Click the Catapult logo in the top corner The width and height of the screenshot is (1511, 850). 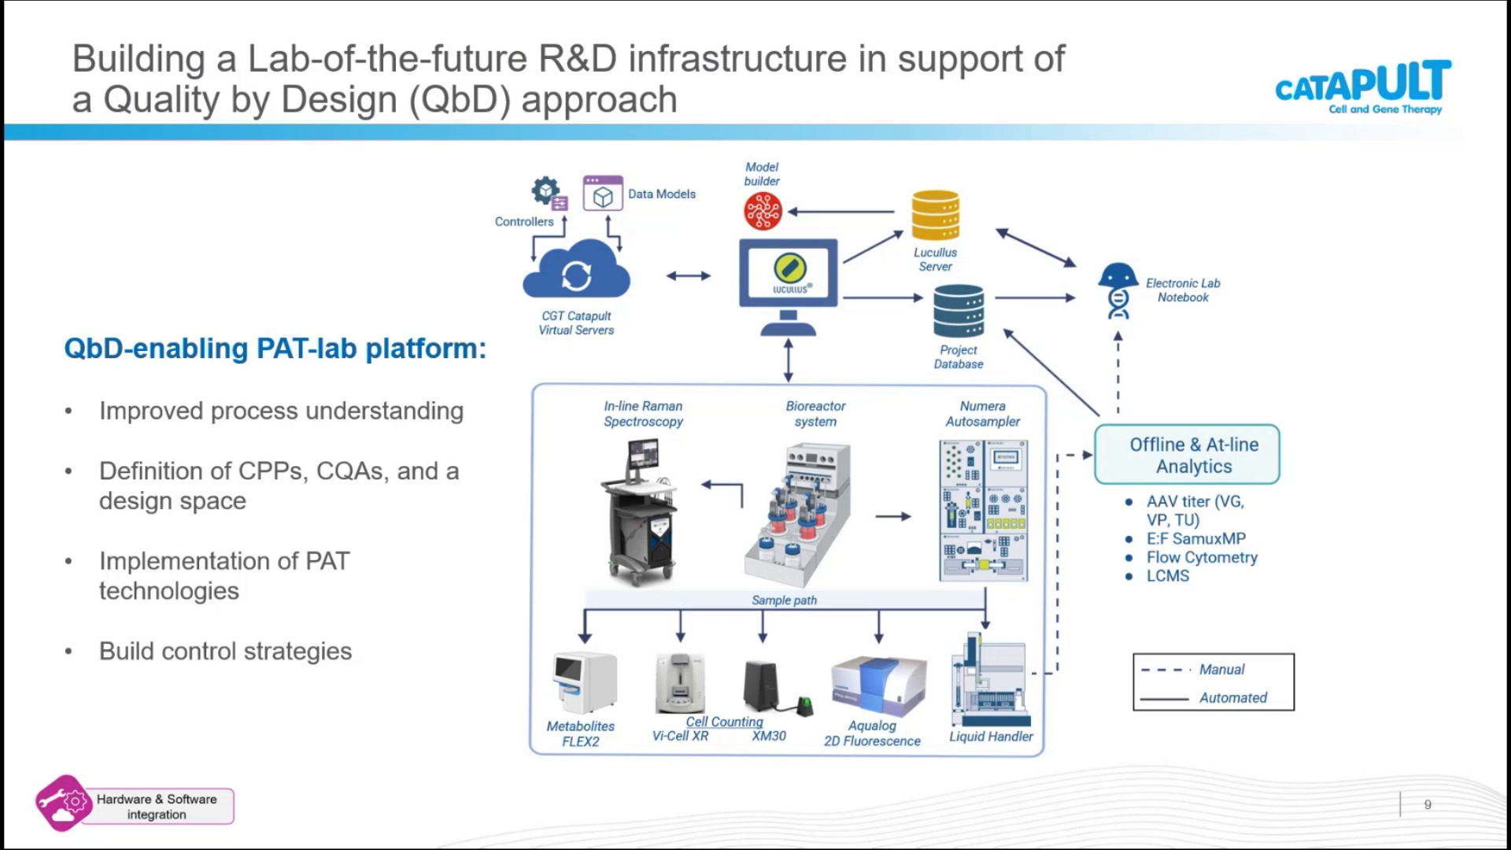click(x=1363, y=87)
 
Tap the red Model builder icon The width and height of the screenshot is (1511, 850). click(x=763, y=211)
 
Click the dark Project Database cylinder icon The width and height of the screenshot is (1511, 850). click(x=959, y=311)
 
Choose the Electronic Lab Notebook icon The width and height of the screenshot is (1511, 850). click(x=1118, y=290)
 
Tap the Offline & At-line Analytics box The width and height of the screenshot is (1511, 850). click(x=1187, y=455)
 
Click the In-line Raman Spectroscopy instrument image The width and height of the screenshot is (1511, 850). click(x=640, y=513)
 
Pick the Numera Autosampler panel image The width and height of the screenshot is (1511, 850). click(x=984, y=511)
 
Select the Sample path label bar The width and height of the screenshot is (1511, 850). click(x=785, y=600)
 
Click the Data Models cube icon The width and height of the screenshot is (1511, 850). click(x=603, y=194)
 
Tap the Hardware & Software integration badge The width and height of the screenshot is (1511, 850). click(x=135, y=804)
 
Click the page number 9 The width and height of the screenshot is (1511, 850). click(x=1428, y=804)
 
